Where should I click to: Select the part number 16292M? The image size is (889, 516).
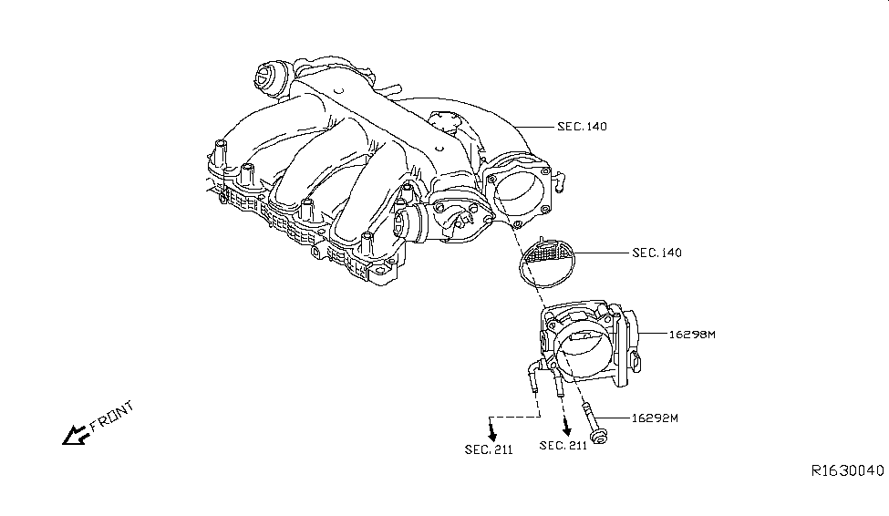[656, 418]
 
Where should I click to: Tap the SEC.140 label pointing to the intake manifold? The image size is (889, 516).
[582, 127]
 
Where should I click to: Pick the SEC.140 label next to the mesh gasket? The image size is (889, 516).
[656, 253]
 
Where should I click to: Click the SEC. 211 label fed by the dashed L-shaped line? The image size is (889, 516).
[489, 449]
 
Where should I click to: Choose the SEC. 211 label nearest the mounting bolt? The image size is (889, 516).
[563, 445]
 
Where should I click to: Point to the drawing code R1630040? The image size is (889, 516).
[847, 470]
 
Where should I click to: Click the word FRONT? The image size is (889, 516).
[111, 414]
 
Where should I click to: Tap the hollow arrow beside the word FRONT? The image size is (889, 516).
[72, 436]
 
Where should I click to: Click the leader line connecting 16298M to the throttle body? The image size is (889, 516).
[655, 335]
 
